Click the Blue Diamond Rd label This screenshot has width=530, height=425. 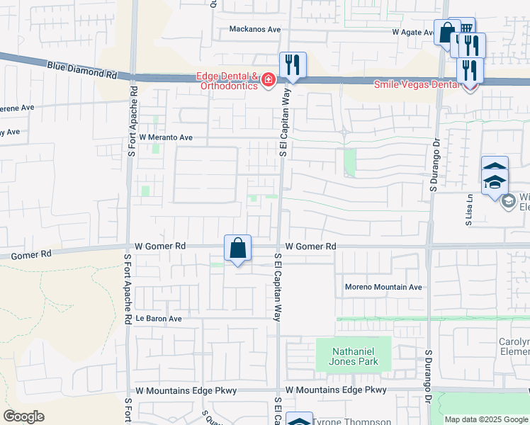pos(82,69)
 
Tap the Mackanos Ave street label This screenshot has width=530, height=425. pos(255,30)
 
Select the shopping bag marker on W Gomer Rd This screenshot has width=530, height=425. pos(238,249)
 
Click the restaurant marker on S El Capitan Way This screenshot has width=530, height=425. pos(292,66)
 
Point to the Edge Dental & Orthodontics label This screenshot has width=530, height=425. pos(227,81)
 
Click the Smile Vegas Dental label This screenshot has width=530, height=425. pos(417,84)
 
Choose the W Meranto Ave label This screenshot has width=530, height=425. pos(166,137)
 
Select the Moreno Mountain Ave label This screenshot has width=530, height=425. pos(383,287)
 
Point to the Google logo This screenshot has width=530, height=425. pos(23,416)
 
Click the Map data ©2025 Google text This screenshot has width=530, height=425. pos(486,419)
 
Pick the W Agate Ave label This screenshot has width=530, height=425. pos(415,33)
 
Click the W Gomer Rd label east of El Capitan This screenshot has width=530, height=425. pos(310,246)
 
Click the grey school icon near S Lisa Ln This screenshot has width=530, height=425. pos(508,201)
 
